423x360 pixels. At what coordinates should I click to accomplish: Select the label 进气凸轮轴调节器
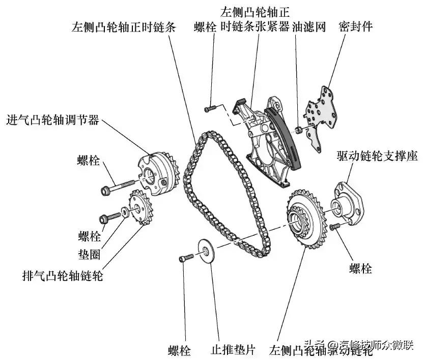coord(52,121)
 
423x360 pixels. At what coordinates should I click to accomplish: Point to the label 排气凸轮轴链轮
coord(63,276)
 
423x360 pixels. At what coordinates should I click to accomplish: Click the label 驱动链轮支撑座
coord(377,156)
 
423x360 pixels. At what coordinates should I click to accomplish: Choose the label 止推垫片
coord(234,350)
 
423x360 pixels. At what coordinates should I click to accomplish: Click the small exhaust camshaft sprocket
coord(142,208)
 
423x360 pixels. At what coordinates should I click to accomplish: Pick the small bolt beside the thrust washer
coord(186,258)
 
